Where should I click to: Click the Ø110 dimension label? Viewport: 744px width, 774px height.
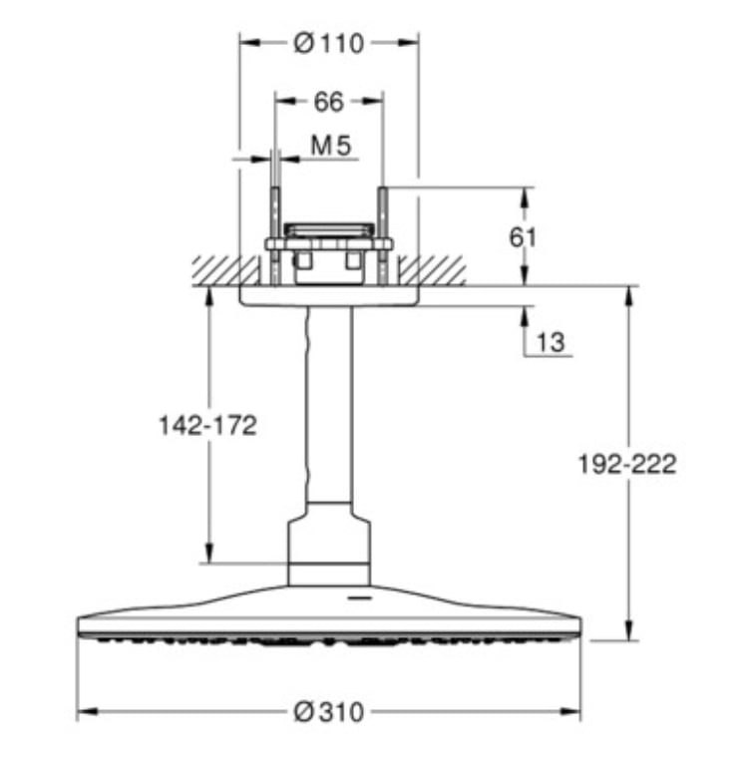[x=329, y=44]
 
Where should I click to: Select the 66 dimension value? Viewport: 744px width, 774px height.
[x=329, y=102]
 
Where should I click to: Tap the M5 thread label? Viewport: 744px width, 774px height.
[x=331, y=146]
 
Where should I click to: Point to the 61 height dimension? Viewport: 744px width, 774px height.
[x=523, y=238]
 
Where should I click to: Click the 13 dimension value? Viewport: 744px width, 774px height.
[x=551, y=342]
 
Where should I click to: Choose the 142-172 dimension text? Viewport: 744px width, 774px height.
[x=207, y=426]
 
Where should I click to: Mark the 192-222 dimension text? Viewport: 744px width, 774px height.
[x=627, y=465]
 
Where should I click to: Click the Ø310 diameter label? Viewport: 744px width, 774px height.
[x=329, y=712]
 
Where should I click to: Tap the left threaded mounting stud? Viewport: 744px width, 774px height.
[x=275, y=236]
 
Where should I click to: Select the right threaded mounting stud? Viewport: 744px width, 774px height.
[x=383, y=236]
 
